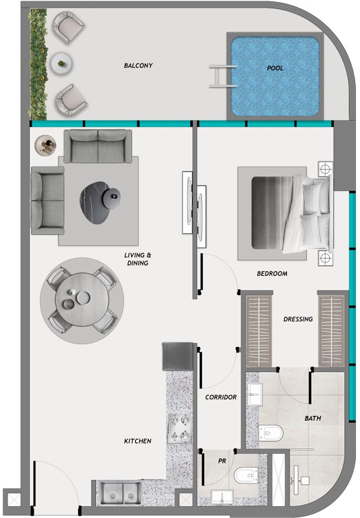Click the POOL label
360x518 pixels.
(275, 68)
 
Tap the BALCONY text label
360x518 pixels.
(139, 66)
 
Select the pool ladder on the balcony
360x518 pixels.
(223, 76)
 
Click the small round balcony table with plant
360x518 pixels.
(61, 63)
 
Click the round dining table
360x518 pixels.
(82, 299)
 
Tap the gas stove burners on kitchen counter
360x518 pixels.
(179, 428)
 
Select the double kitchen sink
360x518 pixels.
(120, 493)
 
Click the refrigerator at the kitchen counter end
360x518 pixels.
(178, 356)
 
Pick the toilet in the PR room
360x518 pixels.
(246, 475)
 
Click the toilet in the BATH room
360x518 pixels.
(271, 432)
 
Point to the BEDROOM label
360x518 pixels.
(272, 274)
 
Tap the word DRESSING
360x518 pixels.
(298, 319)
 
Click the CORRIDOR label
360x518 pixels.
(221, 397)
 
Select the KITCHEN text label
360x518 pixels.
(138, 441)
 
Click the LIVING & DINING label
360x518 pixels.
(138, 259)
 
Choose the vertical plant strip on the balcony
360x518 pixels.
(38, 64)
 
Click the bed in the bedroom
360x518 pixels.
(284, 213)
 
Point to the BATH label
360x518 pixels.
(312, 418)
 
